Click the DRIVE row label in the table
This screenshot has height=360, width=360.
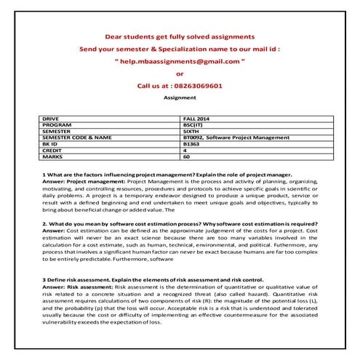tap(52, 117)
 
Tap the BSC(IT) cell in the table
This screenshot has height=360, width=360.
tap(194, 124)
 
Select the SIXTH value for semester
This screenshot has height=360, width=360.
tap(192, 130)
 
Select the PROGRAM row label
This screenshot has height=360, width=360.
tap(56, 124)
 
